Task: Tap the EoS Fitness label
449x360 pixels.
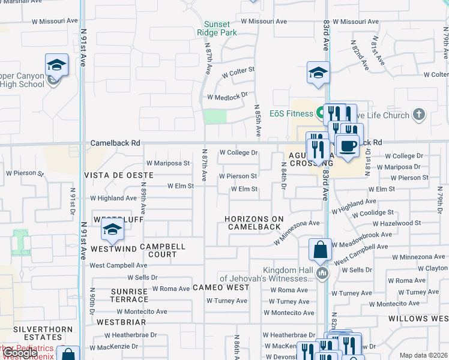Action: pos(292,114)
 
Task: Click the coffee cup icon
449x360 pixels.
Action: pos(347,146)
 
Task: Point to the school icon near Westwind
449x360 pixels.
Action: pos(112,229)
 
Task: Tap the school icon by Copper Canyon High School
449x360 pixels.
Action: pos(56,65)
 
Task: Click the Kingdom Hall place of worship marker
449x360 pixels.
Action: pos(323,274)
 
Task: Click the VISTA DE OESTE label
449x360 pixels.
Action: pos(119,175)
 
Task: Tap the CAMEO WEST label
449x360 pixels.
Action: pos(221,288)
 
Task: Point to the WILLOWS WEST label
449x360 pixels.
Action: pos(418,319)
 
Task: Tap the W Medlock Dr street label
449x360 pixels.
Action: pos(228,97)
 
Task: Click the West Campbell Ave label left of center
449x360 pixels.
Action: pos(118,265)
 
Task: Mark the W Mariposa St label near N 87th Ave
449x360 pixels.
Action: pos(168,163)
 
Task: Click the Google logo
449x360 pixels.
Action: pos(20,353)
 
